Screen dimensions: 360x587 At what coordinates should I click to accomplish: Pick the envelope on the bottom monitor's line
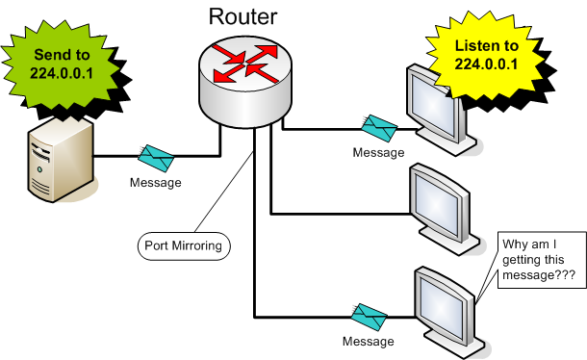[368, 314]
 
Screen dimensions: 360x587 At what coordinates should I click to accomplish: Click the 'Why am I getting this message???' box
[538, 258]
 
